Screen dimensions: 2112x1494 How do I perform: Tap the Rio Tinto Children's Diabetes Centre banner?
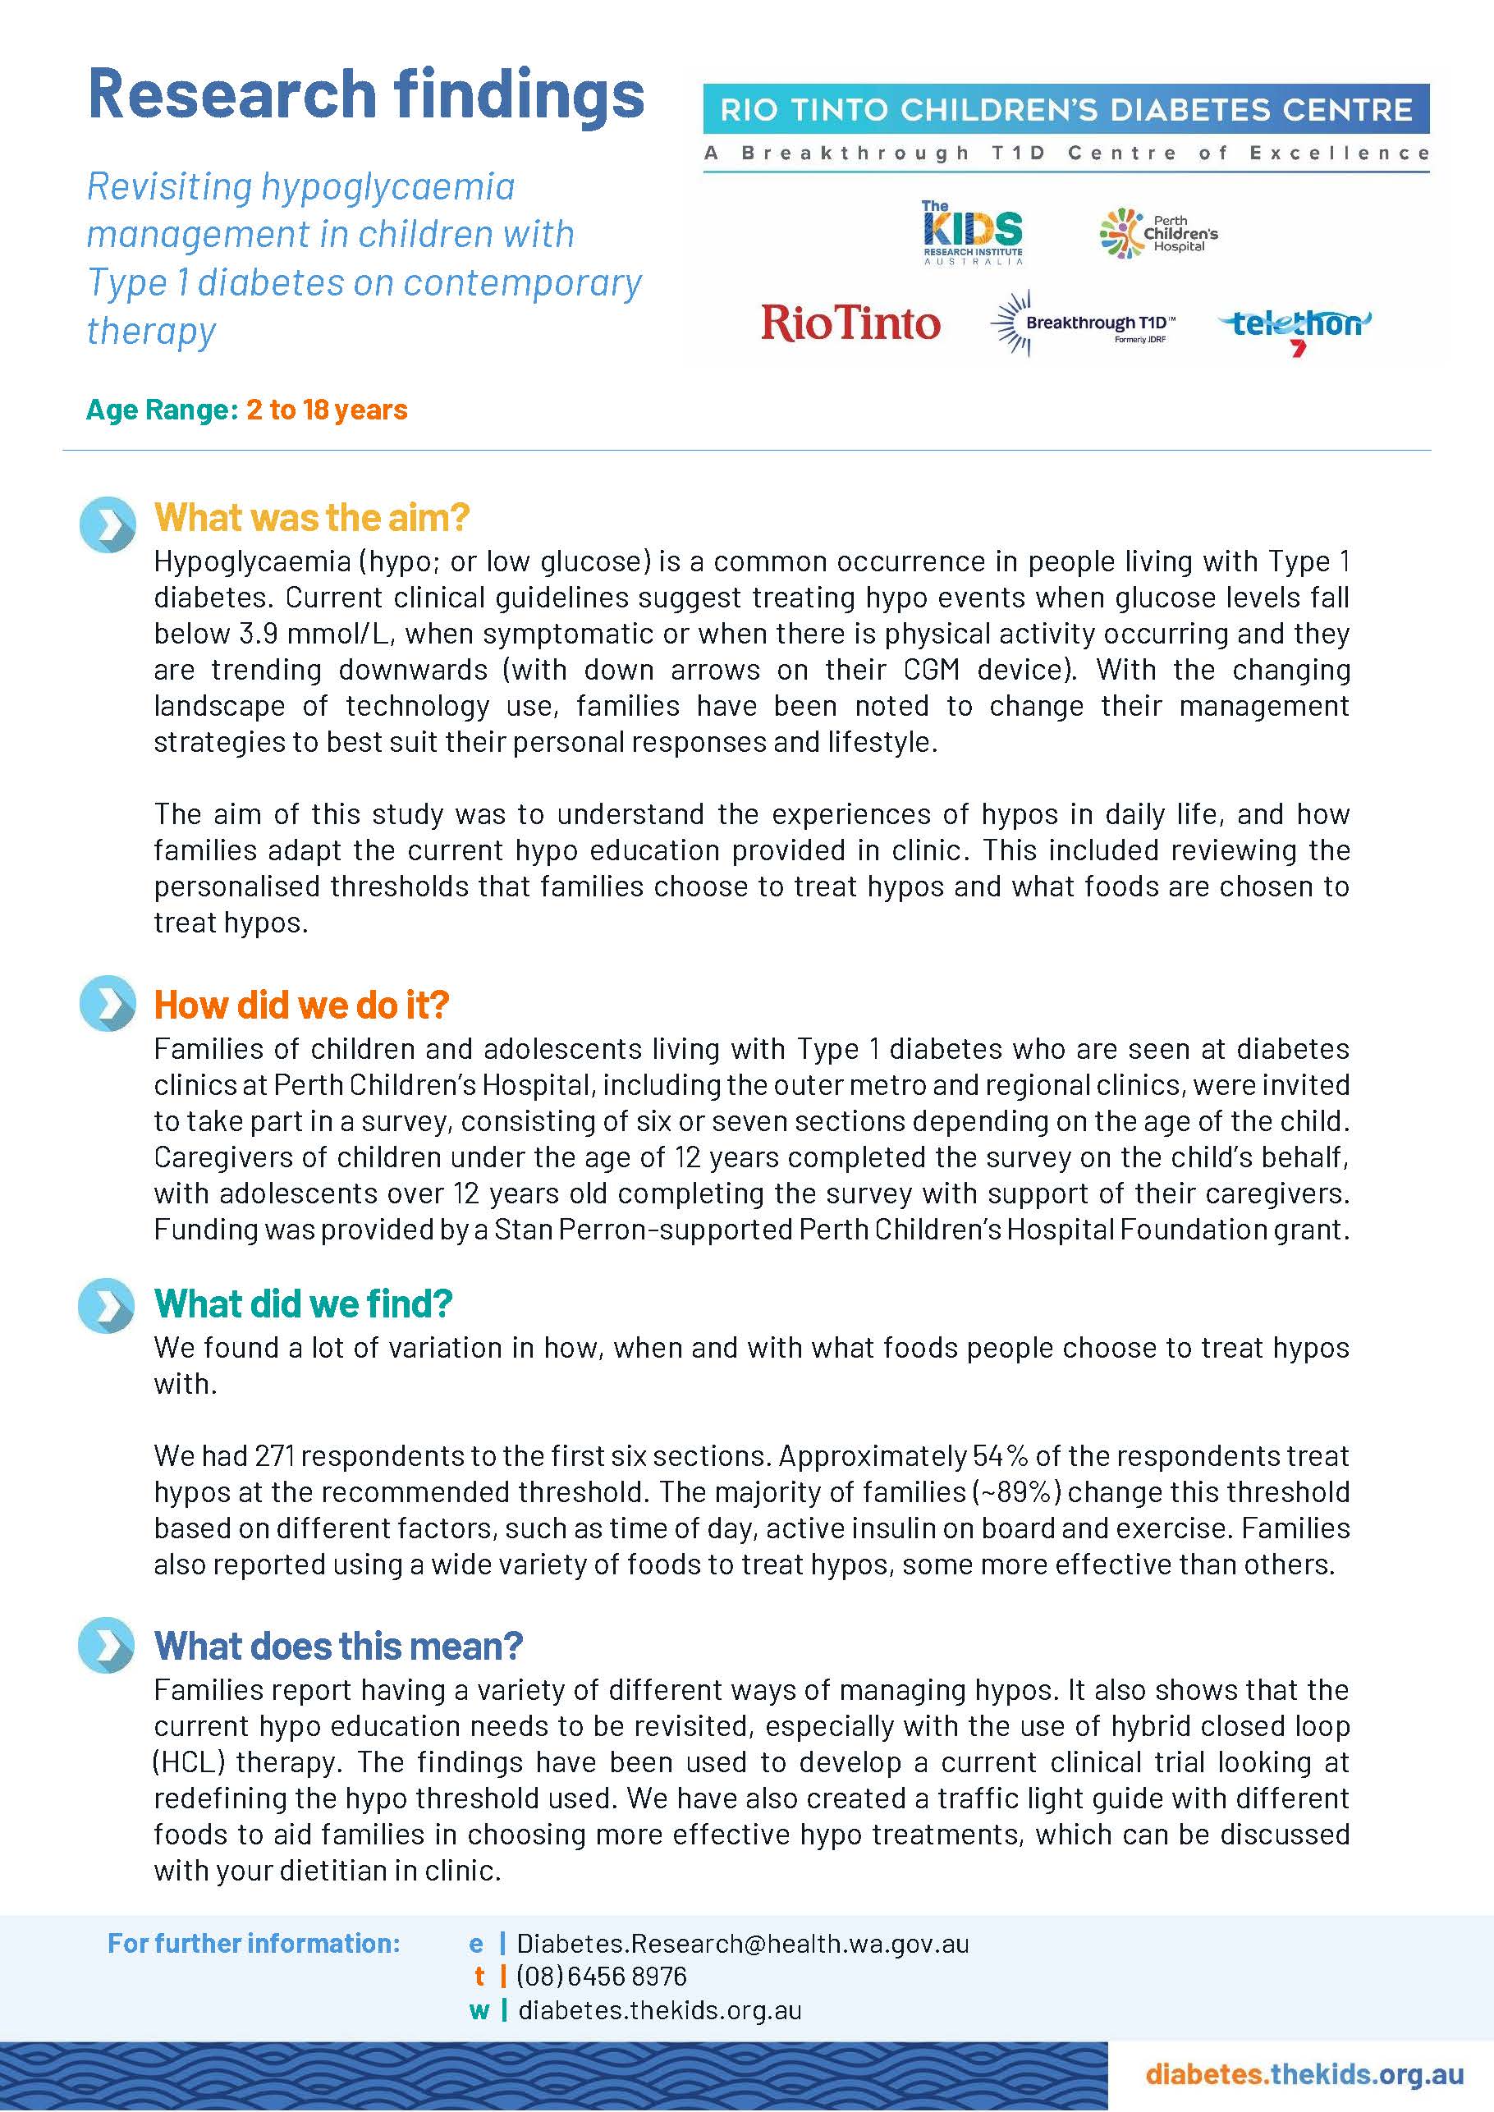tap(1066, 110)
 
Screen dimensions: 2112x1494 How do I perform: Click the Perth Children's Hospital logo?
tap(1158, 234)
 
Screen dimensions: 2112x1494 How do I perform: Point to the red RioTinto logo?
tap(850, 323)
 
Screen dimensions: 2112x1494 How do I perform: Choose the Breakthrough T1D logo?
tap(1082, 323)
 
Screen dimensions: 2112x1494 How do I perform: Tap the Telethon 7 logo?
tap(1295, 327)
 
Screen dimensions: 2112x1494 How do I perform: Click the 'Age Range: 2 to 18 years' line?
tap(246, 410)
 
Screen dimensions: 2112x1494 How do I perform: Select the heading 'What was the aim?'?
tap(311, 518)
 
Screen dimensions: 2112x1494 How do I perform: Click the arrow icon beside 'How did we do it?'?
tap(108, 1004)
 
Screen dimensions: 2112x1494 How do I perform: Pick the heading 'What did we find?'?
tap(304, 1303)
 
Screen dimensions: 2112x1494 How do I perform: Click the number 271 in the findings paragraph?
tap(273, 1456)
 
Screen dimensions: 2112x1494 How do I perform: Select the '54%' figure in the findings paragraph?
tap(999, 1456)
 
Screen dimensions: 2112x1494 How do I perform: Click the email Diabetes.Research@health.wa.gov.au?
tap(742, 1944)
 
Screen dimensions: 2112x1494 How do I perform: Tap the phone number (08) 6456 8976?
tap(602, 1977)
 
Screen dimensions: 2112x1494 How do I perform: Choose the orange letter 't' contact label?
tap(479, 1977)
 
